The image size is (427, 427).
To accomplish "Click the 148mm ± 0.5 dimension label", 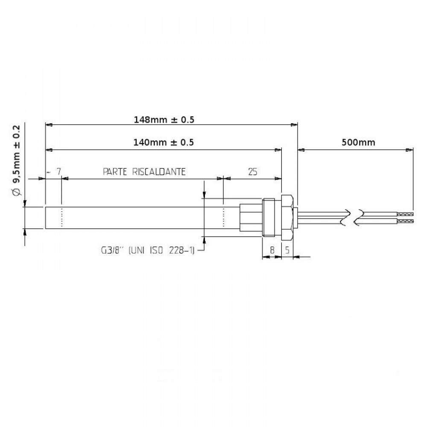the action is (x=164, y=120).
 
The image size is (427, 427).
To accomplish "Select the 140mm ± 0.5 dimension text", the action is (x=164, y=142).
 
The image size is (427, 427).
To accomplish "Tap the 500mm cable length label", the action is (x=358, y=142).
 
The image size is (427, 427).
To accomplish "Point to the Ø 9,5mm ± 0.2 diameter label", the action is (x=17, y=161).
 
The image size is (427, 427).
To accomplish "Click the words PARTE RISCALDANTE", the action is (x=144, y=172).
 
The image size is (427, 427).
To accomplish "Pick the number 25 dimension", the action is (x=252, y=172).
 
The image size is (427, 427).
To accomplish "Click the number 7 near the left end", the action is (x=58, y=172).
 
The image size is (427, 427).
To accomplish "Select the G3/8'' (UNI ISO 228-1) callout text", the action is (x=148, y=250).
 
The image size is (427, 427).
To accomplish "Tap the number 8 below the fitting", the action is (x=272, y=250).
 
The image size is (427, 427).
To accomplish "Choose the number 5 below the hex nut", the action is (x=287, y=250).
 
